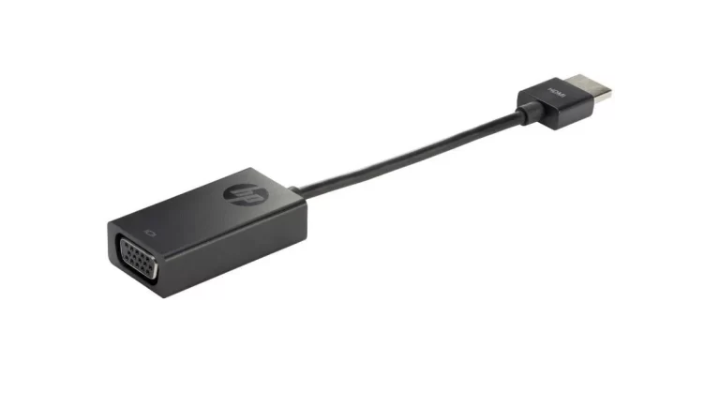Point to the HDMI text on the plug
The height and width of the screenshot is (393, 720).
point(557,93)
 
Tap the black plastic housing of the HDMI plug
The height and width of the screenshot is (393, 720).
point(555,103)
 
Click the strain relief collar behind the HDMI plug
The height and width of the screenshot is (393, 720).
point(528,113)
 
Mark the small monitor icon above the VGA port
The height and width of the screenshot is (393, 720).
point(150,233)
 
